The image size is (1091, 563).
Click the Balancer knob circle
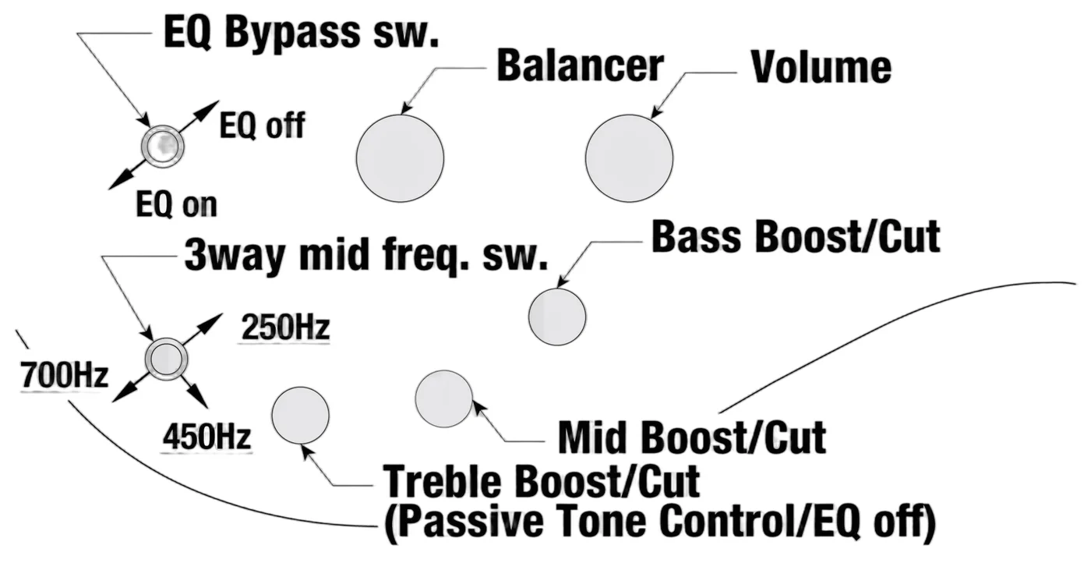[400, 158]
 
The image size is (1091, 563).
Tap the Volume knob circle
[630, 158]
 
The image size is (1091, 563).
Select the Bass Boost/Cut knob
[557, 317]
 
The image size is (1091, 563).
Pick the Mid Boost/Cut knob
[443, 399]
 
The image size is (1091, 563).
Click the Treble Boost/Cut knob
[301, 416]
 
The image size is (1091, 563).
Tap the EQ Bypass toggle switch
[163, 147]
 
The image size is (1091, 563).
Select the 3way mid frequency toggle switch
[167, 359]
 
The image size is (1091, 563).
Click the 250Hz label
[286, 327]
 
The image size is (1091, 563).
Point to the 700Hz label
[64, 375]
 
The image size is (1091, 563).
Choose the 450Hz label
[207, 437]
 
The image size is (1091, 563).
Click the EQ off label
[262, 126]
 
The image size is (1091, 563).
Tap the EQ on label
[176, 205]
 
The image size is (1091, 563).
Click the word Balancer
[580, 66]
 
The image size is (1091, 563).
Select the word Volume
[821, 67]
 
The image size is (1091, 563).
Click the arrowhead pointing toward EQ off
[210, 108]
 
